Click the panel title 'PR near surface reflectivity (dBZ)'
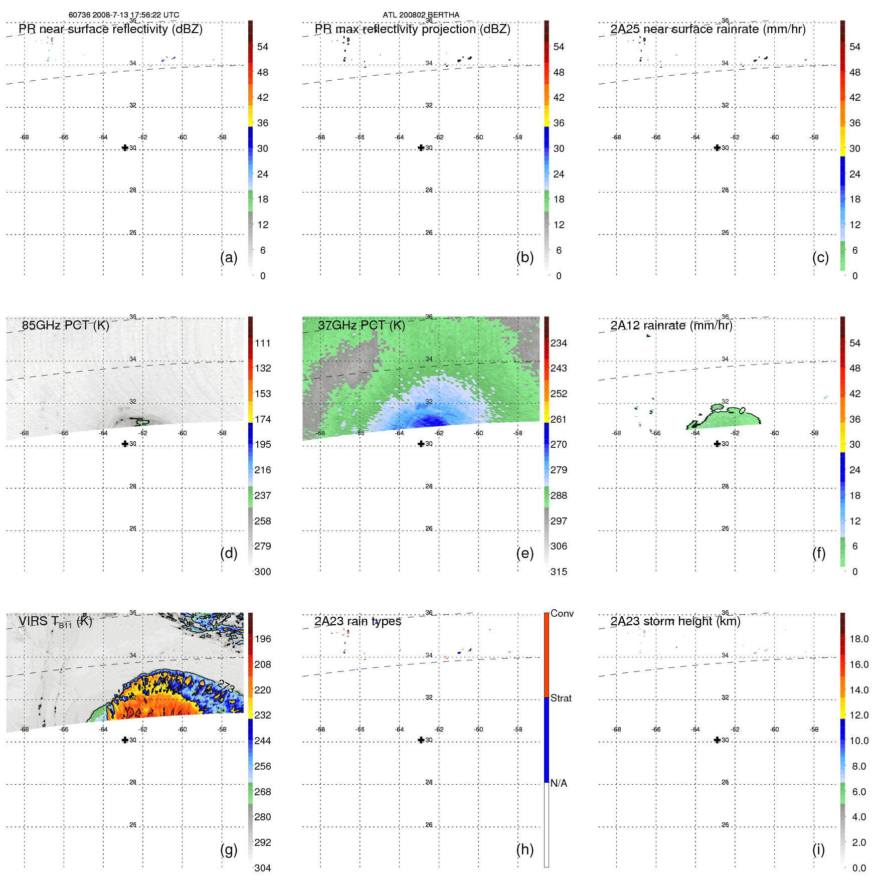[110, 29]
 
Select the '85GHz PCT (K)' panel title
[65, 325]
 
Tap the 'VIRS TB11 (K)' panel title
[55, 622]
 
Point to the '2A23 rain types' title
[358, 621]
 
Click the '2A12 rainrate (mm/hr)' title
[671, 325]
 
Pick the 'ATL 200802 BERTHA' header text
[421, 15]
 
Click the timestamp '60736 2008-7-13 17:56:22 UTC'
[124, 15]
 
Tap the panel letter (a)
[229, 257]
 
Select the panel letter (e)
[524, 553]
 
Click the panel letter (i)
[818, 849]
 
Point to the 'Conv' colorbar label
[562, 613]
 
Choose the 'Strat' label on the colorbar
[561, 698]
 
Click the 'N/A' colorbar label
[559, 783]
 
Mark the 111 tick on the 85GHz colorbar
[262, 343]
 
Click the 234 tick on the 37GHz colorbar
[559, 343]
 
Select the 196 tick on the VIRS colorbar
[262, 639]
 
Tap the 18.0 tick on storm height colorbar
[858, 639]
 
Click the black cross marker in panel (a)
[125, 147]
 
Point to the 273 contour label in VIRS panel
[226, 686]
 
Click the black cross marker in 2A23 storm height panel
[717, 740]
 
